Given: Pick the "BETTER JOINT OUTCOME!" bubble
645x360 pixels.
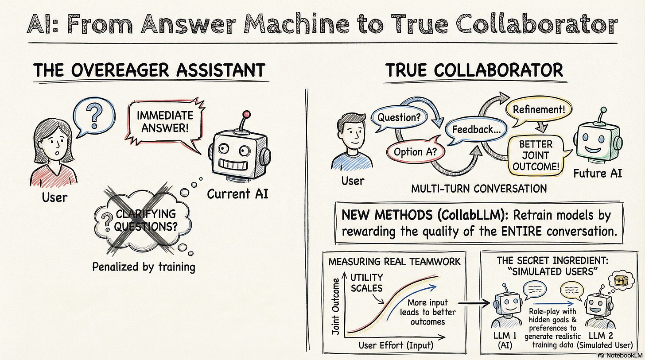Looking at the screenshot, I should [x=536, y=156].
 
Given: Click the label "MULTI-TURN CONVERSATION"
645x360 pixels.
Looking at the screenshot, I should [x=479, y=188].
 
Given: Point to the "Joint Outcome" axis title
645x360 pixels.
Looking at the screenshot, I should [x=336, y=306].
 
